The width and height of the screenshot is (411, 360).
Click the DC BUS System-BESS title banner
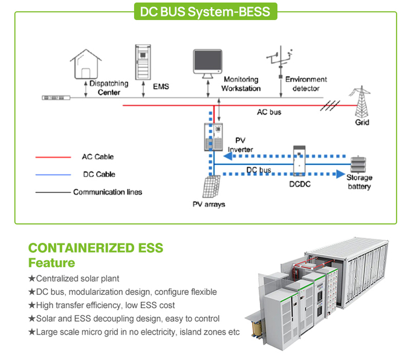205,11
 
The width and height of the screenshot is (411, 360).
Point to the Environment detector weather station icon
279,60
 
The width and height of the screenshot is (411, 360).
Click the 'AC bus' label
269,112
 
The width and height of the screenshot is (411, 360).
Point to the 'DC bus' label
259,170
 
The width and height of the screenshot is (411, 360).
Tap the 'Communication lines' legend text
108,192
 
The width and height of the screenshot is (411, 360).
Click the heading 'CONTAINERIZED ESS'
95,248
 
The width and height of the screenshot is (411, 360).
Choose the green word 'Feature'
52,263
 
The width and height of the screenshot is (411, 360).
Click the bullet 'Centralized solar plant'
77,278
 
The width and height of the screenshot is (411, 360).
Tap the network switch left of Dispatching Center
56,97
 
